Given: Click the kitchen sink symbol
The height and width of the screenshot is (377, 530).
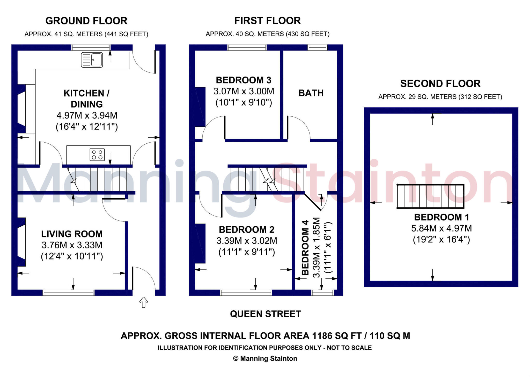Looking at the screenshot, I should [x=92, y=60].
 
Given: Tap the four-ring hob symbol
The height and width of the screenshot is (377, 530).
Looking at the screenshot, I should [x=97, y=155].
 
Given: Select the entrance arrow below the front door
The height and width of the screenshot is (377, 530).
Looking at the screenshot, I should [x=144, y=302].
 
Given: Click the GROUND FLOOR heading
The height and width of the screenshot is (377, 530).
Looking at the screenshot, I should [x=86, y=21].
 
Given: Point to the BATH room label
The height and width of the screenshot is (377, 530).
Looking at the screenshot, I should [x=311, y=93].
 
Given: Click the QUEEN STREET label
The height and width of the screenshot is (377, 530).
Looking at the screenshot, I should [x=266, y=314].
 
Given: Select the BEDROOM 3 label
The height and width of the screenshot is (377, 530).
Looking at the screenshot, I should [x=244, y=80].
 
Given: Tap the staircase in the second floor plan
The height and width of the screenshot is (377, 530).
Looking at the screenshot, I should [x=430, y=196].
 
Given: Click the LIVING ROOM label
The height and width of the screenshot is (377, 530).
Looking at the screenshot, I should [x=72, y=234].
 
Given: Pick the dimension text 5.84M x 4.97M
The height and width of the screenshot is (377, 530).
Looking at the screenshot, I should [x=441, y=228].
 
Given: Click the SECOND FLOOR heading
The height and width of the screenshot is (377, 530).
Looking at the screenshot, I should [x=440, y=84].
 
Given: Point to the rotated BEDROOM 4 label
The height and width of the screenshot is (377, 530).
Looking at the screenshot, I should [x=305, y=248].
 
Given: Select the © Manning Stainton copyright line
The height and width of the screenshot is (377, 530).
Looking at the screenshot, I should [x=265, y=359].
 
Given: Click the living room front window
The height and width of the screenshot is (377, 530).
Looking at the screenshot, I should [x=69, y=293].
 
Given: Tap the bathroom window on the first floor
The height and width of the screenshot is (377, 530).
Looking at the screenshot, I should [x=318, y=47].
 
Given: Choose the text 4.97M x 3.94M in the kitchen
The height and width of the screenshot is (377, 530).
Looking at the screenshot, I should [x=87, y=115].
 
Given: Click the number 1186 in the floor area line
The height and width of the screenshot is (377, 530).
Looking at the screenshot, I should [x=322, y=336].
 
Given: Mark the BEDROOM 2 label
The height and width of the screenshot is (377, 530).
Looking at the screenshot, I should [x=247, y=229].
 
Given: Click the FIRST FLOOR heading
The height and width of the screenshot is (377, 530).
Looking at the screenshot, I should [x=268, y=21].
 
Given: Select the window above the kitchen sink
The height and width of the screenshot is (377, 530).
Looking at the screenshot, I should [x=91, y=47].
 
